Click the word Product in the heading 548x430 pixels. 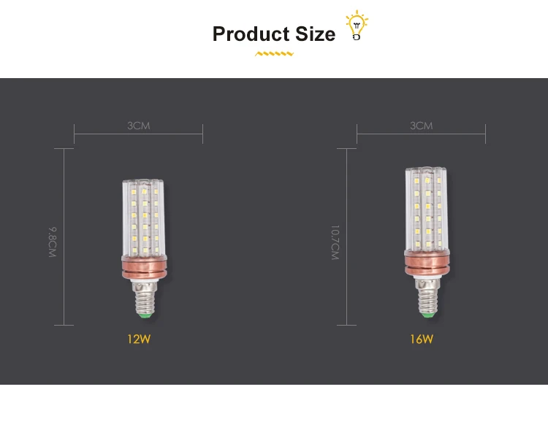tap(251, 34)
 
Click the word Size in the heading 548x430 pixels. tap(316, 34)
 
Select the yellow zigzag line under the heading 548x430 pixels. tap(274, 54)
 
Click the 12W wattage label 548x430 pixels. tap(138, 339)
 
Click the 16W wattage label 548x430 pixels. tap(421, 339)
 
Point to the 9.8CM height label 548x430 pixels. tap(52, 242)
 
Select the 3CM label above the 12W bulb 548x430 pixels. tap(138, 126)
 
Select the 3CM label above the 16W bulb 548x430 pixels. tap(421, 126)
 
